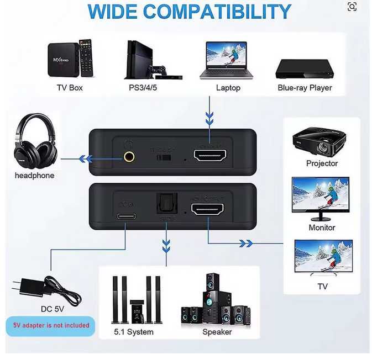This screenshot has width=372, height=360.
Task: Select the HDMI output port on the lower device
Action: [208, 209]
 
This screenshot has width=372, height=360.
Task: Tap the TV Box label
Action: [70, 88]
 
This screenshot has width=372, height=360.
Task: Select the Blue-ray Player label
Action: [305, 88]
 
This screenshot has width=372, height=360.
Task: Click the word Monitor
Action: [322, 227]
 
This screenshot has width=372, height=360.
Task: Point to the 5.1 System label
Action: [133, 332]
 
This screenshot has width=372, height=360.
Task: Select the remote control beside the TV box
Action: [86, 57]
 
